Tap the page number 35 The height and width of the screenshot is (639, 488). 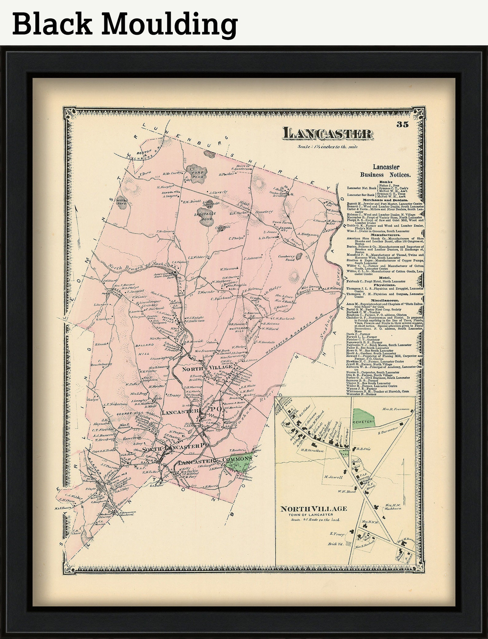402,124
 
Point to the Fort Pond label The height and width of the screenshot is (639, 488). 196,173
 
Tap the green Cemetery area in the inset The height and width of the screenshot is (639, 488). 364,417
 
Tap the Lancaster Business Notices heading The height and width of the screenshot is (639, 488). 386,171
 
